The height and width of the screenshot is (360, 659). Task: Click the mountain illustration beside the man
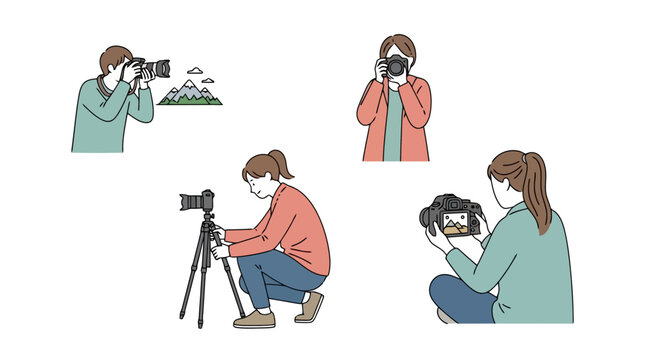[x=190, y=94]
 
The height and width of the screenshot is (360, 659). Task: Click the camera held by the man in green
[x=150, y=69]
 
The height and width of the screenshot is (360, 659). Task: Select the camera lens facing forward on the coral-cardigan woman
[x=396, y=67]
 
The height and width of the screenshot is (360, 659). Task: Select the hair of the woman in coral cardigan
[x=396, y=46]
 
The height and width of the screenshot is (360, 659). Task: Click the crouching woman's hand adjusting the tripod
[x=217, y=251]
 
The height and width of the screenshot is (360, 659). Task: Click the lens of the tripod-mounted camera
[x=187, y=202]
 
